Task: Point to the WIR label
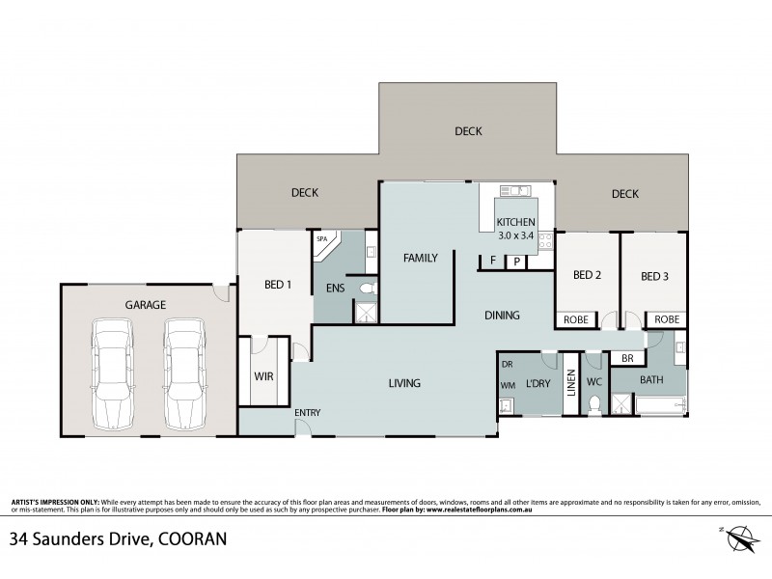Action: tap(265, 376)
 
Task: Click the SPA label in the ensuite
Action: tap(322, 238)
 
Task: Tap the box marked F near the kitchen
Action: tap(492, 261)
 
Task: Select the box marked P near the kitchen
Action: tap(517, 261)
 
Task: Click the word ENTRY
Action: tap(308, 413)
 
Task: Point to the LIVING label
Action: tap(404, 383)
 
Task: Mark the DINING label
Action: tap(502, 315)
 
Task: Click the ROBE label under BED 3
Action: tap(666, 319)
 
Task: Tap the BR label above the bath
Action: tap(627, 358)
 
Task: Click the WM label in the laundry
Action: tap(508, 384)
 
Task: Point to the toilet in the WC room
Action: tap(594, 404)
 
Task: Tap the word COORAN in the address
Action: tap(190, 538)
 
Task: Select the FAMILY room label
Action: tap(421, 258)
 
